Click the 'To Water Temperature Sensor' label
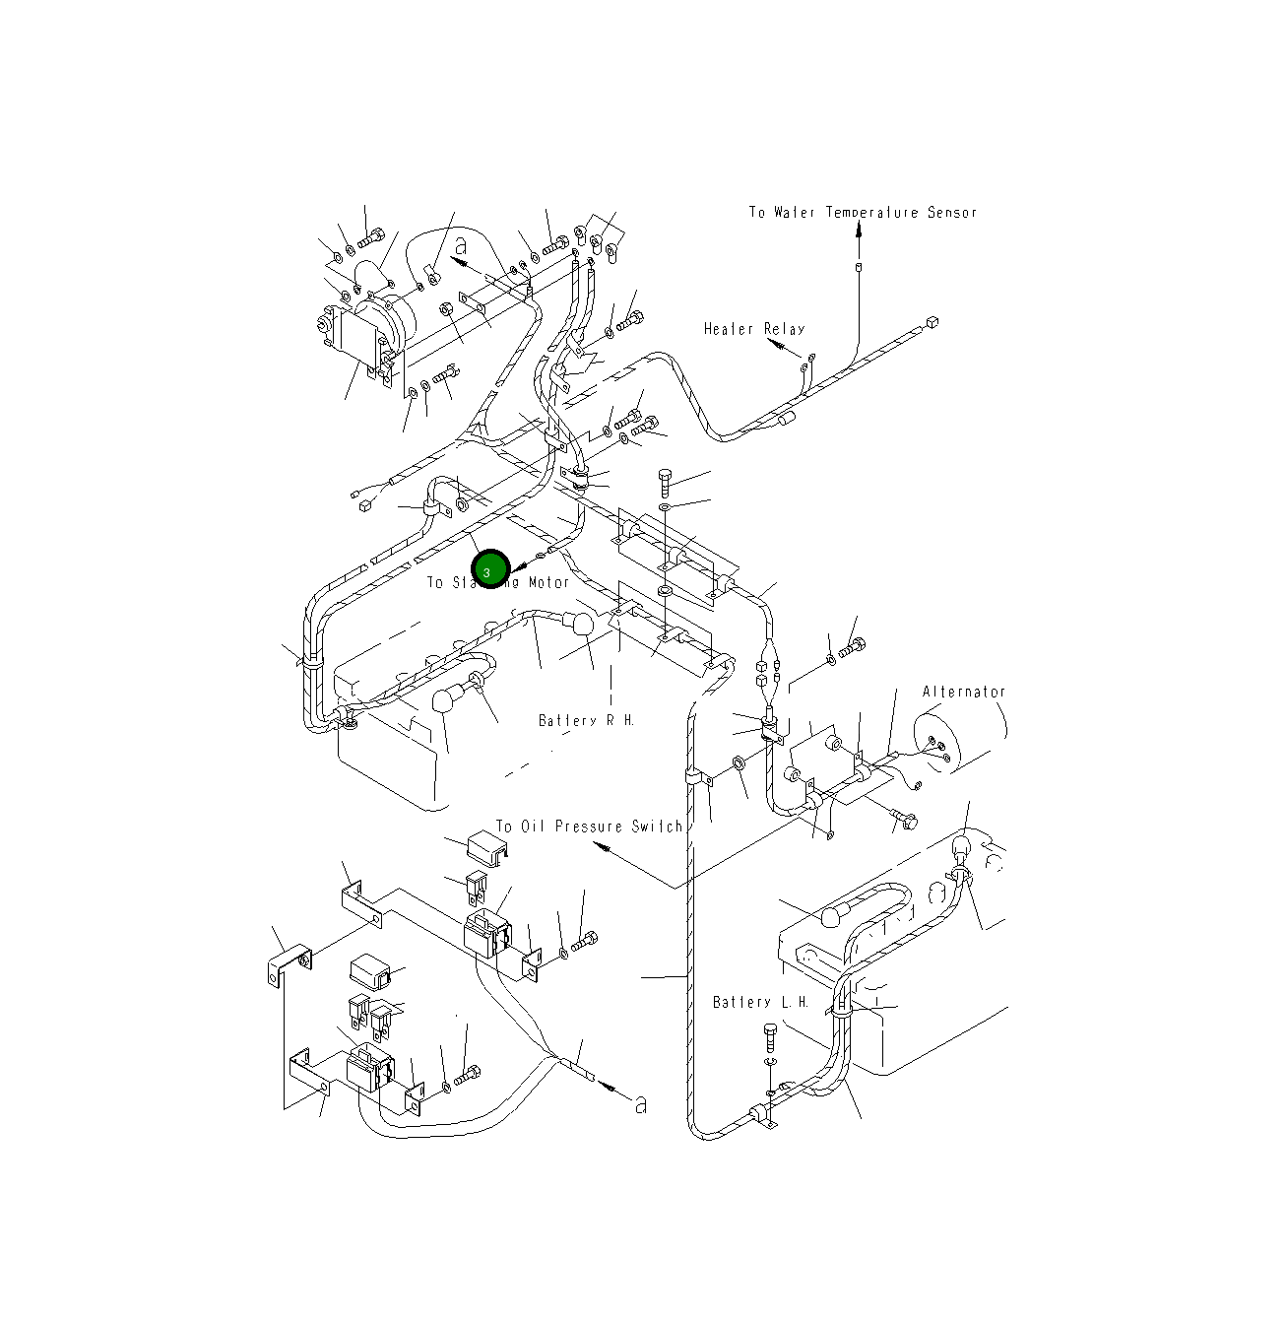pyautogui.click(x=862, y=213)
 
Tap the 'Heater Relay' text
pyautogui.click(x=753, y=329)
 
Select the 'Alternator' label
pyautogui.click(x=963, y=692)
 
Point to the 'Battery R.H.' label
pyautogui.click(x=586, y=720)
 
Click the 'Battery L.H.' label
pyautogui.click(x=760, y=1002)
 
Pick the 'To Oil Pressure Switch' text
pyautogui.click(x=588, y=827)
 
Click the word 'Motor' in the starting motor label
pyautogui.click(x=547, y=582)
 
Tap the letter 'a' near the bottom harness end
pyautogui.click(x=640, y=1104)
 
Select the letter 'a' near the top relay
pyautogui.click(x=460, y=246)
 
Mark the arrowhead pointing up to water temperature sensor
pyautogui.click(x=859, y=230)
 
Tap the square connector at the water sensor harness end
pyautogui.click(x=932, y=321)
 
